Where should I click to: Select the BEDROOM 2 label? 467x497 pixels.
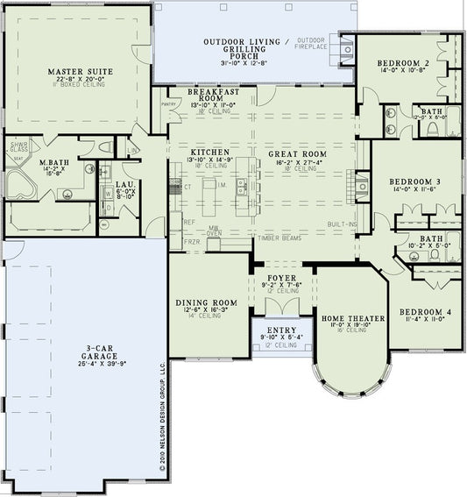click(x=402, y=64)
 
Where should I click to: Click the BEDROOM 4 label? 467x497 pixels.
click(x=425, y=312)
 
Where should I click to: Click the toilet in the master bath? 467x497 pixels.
click(x=106, y=147)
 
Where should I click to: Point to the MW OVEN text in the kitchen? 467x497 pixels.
click(x=214, y=231)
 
